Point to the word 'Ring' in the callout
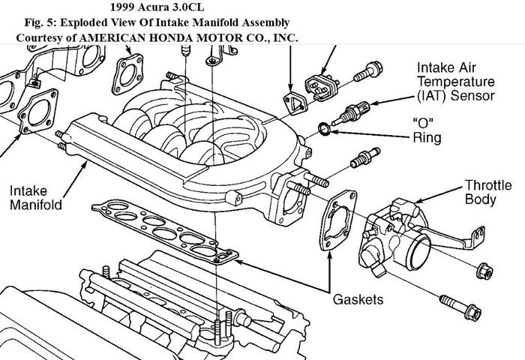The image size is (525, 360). coord(427,137)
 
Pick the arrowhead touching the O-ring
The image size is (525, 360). coord(332,133)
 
